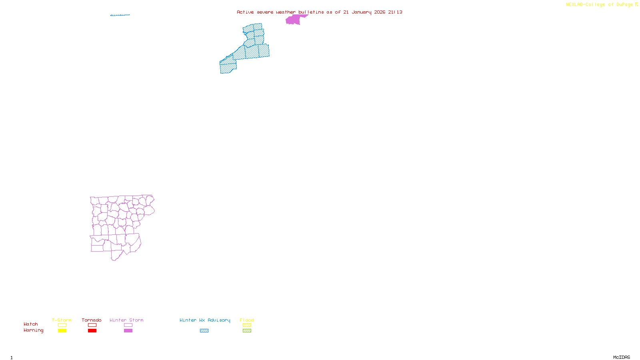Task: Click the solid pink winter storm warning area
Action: coord(294,20)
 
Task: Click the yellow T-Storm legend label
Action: coord(62,320)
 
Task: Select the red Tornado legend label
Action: coord(92,320)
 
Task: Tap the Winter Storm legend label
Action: coord(126,320)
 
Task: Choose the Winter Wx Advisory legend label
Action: coord(205,320)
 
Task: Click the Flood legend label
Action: coord(247,320)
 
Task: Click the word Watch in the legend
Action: coord(31,324)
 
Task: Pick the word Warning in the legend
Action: coord(33,330)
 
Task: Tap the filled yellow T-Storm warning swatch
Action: coord(62,331)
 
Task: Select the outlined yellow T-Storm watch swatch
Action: coord(62,325)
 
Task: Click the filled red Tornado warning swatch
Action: coord(92,331)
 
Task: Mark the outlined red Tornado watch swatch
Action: coord(92,325)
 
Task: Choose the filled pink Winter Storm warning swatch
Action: coord(128,331)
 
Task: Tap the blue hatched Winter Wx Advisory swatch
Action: coord(204,331)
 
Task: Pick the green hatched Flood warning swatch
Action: coord(247,331)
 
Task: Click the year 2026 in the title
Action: coord(380,12)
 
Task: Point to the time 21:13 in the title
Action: coord(395,12)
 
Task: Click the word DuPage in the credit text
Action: coord(624,5)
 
